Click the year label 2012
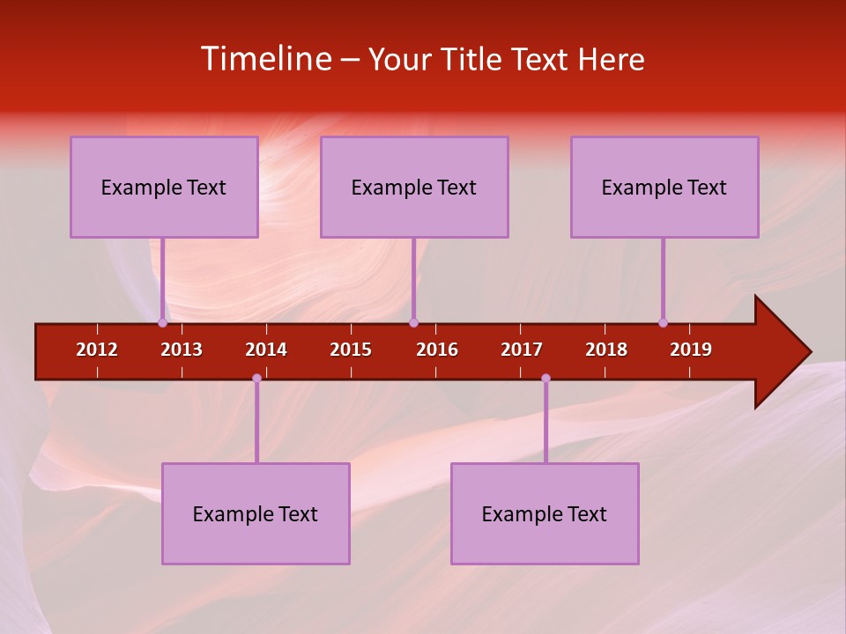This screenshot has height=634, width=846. pyautogui.click(x=97, y=350)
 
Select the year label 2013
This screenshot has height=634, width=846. pyautogui.click(x=182, y=350)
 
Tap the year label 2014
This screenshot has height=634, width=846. pyautogui.click(x=266, y=350)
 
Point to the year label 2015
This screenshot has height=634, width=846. pyautogui.click(x=351, y=350)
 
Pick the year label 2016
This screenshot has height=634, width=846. pyautogui.click(x=437, y=350)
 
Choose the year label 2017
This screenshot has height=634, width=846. pyautogui.click(x=522, y=350)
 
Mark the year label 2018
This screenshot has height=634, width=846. pyautogui.click(x=606, y=350)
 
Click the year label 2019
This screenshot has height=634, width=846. pyautogui.click(x=691, y=350)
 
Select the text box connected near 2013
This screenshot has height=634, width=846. pyautogui.click(x=164, y=187)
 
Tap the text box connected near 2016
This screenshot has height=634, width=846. pyautogui.click(x=414, y=187)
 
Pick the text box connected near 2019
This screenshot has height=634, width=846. pyautogui.click(x=664, y=187)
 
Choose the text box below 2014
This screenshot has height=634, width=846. pyautogui.click(x=256, y=513)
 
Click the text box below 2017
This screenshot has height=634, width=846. pyautogui.click(x=545, y=513)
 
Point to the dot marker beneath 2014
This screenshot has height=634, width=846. pyautogui.click(x=256, y=378)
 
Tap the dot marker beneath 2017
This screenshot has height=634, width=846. pyautogui.click(x=545, y=378)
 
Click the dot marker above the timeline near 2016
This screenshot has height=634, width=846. pyautogui.click(x=413, y=322)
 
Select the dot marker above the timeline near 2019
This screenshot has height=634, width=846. pyautogui.click(x=663, y=322)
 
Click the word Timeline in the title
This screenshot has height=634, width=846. pyautogui.click(x=265, y=59)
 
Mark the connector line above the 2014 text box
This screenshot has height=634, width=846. pyautogui.click(x=256, y=423)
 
